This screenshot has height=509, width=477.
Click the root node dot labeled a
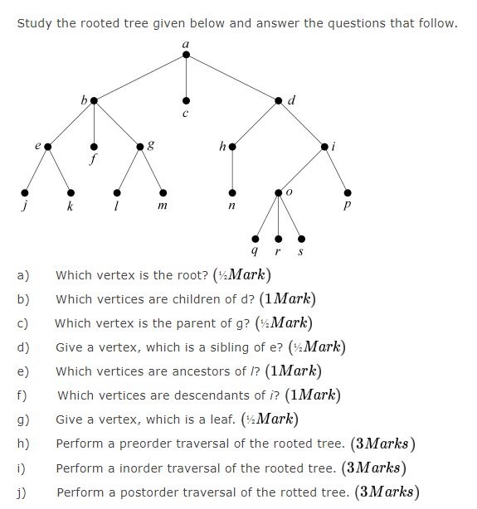click(186, 55)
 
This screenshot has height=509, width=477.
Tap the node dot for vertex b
click(94, 100)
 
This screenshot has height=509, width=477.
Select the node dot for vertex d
click(279, 100)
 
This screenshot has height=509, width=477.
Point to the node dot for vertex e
click(47, 147)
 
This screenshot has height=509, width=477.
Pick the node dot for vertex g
click(139, 147)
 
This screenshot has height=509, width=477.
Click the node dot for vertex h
click(232, 147)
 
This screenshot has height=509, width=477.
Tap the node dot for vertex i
click(324, 147)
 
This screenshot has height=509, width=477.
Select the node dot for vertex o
click(278, 192)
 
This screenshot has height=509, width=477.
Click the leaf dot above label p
click(348, 192)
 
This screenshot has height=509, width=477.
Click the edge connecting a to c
click(186, 79)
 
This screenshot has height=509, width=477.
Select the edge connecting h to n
click(232, 170)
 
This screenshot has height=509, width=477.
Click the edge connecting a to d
click(232, 78)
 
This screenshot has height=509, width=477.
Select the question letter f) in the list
click(22, 395)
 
